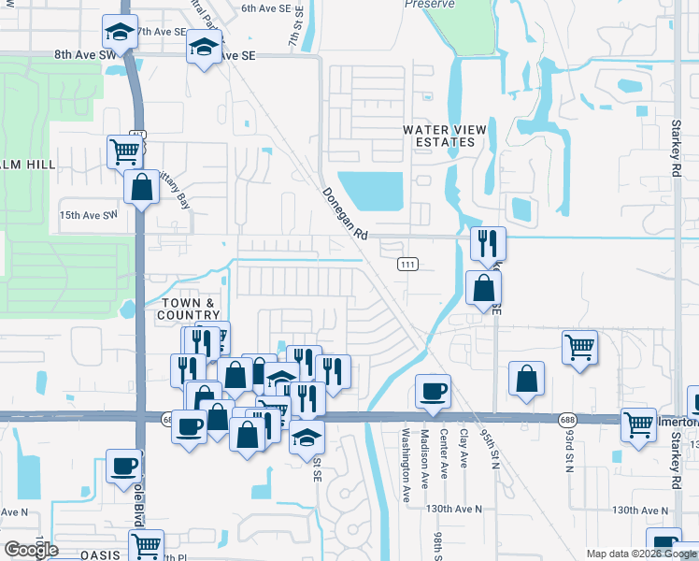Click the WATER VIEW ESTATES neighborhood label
(439, 136)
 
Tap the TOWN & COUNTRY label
(190, 309)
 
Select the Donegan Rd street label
(345, 214)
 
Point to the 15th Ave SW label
(89, 215)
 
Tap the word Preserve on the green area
(429, 5)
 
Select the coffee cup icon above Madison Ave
(432, 391)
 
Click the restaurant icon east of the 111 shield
(488, 244)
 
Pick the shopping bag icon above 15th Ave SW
(141, 186)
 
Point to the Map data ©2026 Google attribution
(640, 554)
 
